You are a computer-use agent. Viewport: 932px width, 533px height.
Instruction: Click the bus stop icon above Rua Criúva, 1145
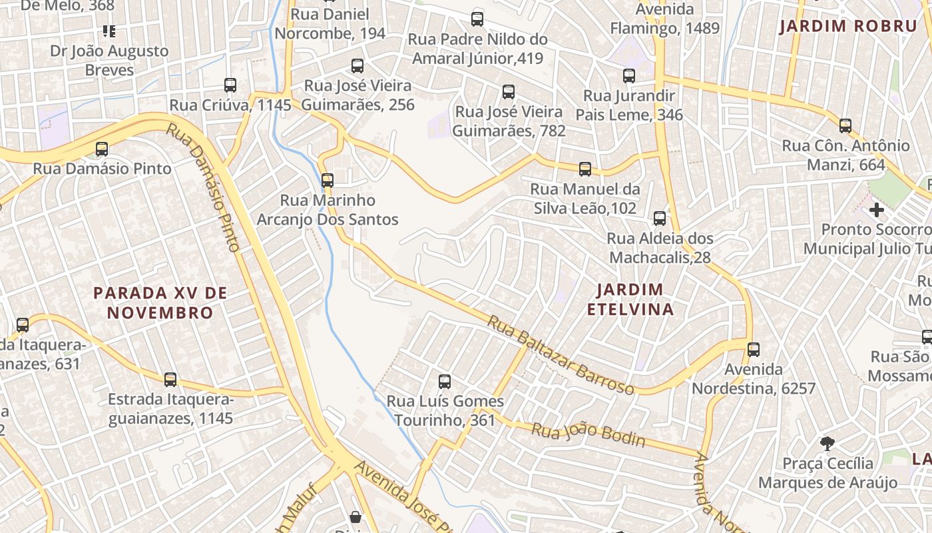[x=230, y=85]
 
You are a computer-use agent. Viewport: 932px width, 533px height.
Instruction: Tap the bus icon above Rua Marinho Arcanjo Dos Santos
[x=327, y=180]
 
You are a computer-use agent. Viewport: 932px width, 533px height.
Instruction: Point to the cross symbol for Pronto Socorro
[x=877, y=210]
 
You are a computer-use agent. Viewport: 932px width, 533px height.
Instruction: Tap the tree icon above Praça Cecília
[x=827, y=443]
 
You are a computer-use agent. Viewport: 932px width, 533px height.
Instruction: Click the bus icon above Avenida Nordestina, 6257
[x=753, y=349]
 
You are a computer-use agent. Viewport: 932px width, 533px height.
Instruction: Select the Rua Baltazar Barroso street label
[x=561, y=355]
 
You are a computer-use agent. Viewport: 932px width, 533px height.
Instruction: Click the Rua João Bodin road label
[x=588, y=434]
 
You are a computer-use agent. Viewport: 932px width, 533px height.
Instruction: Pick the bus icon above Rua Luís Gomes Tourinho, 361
[x=445, y=382]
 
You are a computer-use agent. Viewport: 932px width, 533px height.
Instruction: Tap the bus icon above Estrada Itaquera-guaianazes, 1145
[x=170, y=380]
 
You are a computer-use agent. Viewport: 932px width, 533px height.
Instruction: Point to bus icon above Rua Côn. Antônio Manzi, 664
[x=845, y=125]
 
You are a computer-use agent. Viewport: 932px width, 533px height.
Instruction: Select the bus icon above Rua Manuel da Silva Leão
[x=585, y=169]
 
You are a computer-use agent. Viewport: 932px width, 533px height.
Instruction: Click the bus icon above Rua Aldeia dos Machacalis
[x=659, y=219]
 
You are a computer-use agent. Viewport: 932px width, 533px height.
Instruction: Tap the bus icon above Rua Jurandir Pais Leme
[x=629, y=76]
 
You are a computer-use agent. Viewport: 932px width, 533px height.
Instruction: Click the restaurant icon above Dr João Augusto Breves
[x=109, y=31]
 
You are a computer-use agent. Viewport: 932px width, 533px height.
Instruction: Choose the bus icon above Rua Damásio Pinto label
[x=102, y=149]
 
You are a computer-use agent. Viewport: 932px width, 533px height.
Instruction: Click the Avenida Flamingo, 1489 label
[x=665, y=19]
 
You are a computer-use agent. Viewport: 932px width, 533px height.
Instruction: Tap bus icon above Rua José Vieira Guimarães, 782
[x=509, y=92]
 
